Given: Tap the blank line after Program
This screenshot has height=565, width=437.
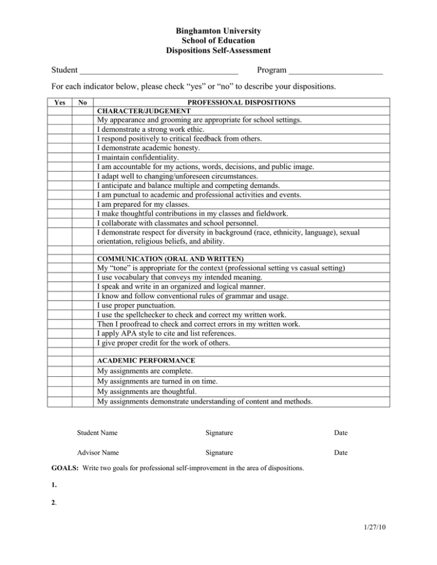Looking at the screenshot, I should point(335,71).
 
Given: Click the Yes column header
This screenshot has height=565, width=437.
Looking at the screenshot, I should point(59,103).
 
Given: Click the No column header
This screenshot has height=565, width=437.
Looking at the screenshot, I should point(82,103).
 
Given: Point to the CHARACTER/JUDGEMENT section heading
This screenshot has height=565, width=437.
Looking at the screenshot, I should point(140,111).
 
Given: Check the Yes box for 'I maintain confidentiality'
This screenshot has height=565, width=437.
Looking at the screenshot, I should point(59,157).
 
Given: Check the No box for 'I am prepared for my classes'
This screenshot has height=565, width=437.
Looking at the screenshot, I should point(82,205).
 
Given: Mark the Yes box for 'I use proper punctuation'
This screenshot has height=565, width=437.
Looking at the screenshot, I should point(59,306).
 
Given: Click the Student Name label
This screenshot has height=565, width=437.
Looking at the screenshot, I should point(97,433).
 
